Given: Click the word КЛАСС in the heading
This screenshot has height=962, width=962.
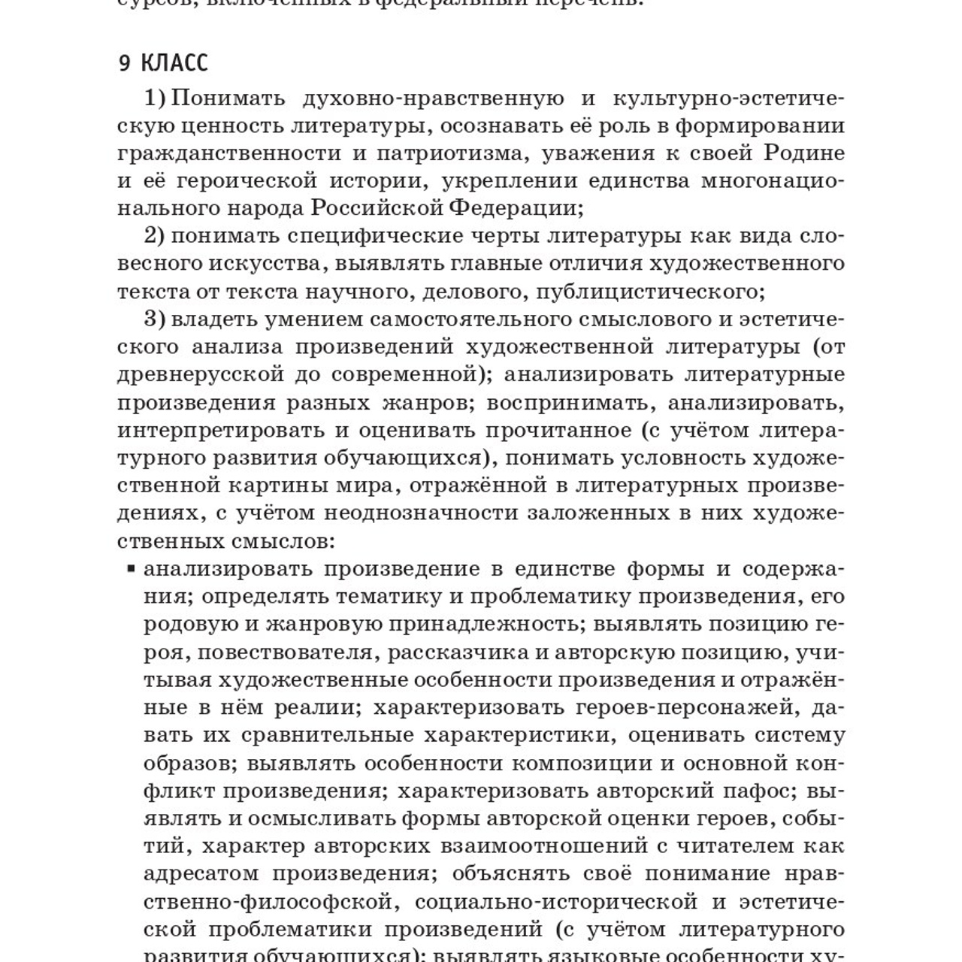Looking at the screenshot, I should click(174, 64).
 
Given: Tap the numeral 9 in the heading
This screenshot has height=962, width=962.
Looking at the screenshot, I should click(125, 64).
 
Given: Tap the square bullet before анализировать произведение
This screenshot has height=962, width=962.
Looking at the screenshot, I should click(131, 568).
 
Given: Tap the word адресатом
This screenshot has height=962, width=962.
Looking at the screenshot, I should click(199, 873).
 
